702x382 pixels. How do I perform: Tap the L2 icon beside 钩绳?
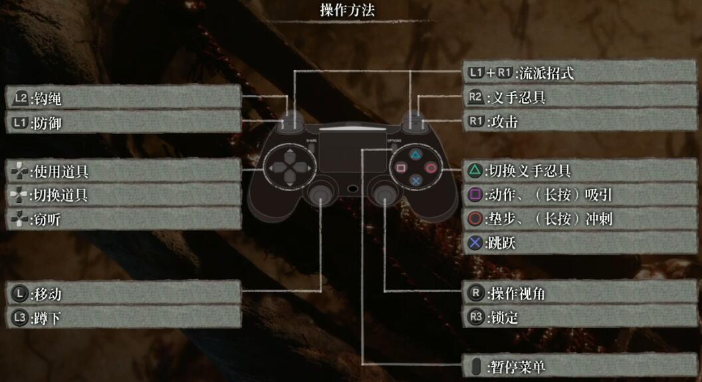[19, 98]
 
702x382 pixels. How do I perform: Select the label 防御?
[46, 123]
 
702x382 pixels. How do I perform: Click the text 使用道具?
[60, 172]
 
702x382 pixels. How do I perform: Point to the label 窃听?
[46, 219]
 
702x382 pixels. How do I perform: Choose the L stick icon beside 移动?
[19, 293]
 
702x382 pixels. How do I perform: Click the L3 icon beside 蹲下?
[19, 318]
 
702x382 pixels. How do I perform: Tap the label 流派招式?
[546, 73]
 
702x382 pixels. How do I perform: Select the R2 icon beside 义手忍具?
[475, 98]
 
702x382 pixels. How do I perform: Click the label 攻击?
[503, 122]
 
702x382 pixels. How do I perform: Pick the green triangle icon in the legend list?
[475, 171]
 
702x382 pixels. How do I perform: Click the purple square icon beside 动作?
[475, 195]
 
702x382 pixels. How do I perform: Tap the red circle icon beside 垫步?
[475, 219]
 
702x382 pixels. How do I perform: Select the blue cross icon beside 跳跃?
[475, 243]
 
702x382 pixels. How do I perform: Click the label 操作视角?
[517, 293]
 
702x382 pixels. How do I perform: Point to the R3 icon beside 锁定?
[475, 317]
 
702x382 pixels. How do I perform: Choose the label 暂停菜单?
[517, 366]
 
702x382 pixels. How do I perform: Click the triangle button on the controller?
[415, 155]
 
